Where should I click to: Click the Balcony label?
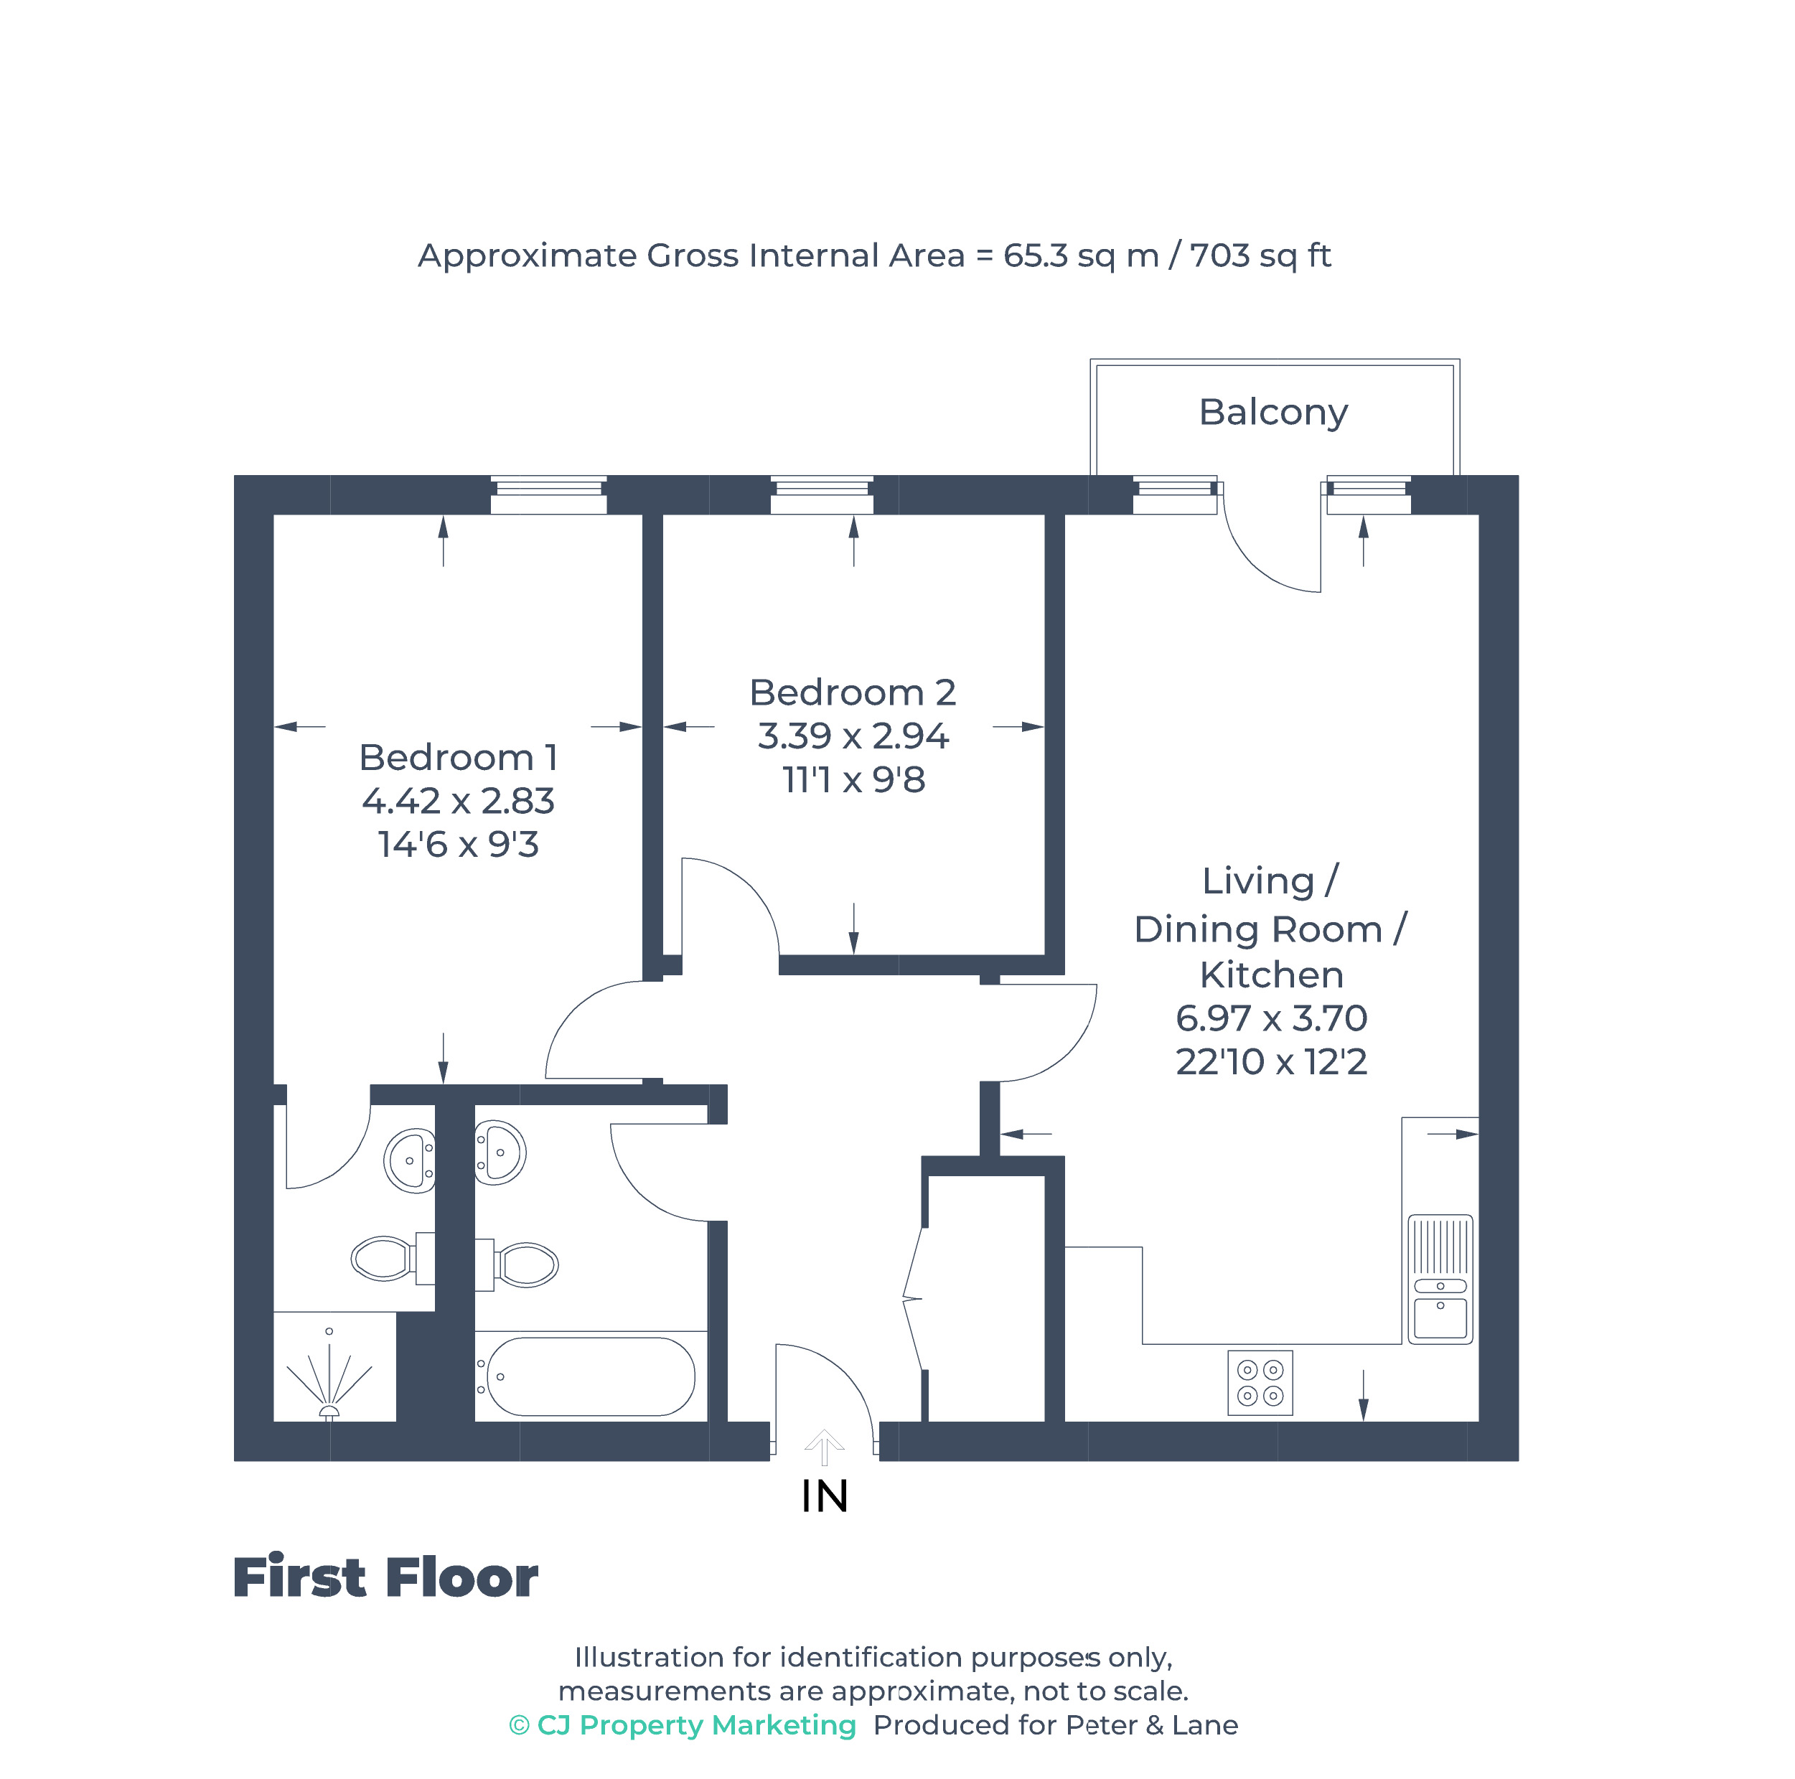(x=1272, y=411)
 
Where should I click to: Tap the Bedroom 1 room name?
(x=457, y=757)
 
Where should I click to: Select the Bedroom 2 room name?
(x=852, y=692)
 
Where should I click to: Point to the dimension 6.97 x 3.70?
(x=1271, y=1018)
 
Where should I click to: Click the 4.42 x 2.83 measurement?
(x=457, y=801)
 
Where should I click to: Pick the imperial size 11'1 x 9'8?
(x=852, y=779)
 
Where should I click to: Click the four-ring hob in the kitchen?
(x=1259, y=1382)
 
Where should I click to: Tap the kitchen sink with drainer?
(x=1439, y=1278)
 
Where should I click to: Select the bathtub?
(x=590, y=1376)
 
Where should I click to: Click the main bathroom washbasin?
(x=500, y=1153)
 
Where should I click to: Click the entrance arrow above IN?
(x=823, y=1447)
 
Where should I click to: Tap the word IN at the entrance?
(x=824, y=1496)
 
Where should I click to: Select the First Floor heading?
(x=385, y=1578)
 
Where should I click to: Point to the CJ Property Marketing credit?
(x=683, y=1725)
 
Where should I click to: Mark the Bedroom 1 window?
(x=548, y=494)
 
